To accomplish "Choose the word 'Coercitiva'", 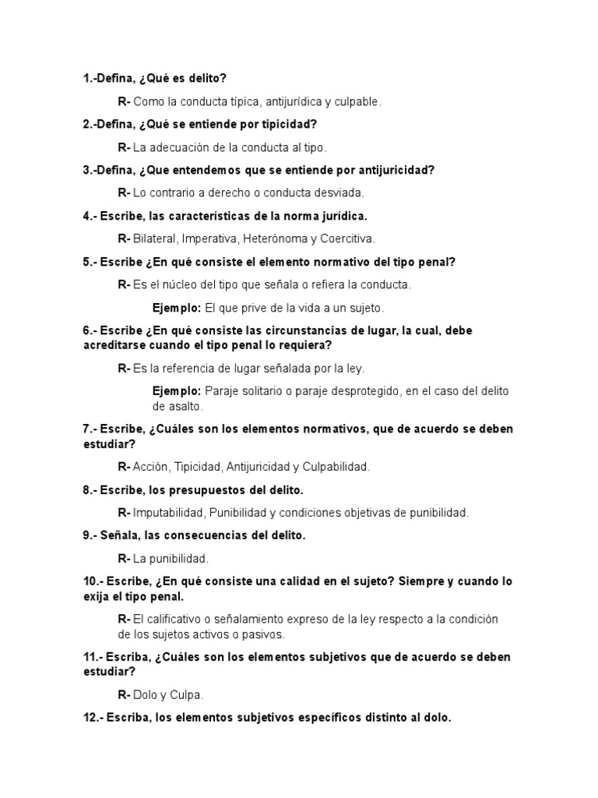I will (x=347, y=238).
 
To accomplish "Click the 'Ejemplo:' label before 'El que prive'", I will (x=177, y=308).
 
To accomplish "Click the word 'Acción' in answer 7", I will (x=151, y=467).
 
